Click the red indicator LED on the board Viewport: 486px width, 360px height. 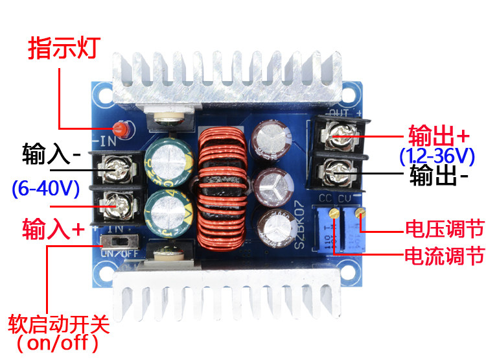(119, 126)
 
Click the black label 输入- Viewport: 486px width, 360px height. (51, 156)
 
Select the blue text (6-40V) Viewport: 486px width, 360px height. (45, 189)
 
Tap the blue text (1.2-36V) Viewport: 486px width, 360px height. (437, 156)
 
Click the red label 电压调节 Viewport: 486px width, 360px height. (445, 229)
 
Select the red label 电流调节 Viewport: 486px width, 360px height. (445, 255)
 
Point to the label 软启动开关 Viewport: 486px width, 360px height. (59, 322)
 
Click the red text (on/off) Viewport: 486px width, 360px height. (59, 341)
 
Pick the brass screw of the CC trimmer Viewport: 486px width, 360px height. (334, 212)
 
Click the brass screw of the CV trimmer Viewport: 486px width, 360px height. (360, 212)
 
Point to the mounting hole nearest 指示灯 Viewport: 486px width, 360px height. (100, 95)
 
